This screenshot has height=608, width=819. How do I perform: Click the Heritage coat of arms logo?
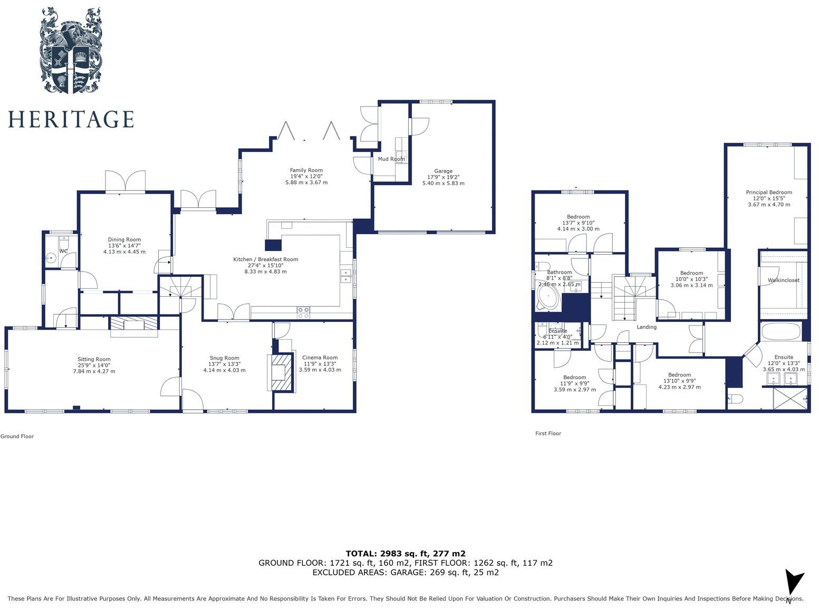71,51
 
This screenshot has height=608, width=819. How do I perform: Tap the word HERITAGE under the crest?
71,119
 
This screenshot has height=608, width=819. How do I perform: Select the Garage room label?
443,171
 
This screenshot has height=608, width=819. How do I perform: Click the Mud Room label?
391,159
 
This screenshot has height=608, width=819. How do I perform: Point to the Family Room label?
306,170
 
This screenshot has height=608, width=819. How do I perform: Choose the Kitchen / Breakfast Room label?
265,259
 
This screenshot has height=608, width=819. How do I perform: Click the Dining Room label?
124,240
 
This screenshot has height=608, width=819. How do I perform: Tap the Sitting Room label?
94,360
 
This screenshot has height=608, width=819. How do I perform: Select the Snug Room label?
224,358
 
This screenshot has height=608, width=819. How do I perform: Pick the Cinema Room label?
320,358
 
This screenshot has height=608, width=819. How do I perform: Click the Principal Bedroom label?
768,192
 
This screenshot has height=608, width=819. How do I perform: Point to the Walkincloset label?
783,281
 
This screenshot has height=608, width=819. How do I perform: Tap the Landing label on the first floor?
646,327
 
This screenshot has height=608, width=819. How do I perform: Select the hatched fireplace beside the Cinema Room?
281,372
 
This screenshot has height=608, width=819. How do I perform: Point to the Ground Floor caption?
17,436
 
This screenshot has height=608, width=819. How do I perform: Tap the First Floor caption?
548,433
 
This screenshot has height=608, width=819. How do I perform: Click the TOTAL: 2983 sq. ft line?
405,554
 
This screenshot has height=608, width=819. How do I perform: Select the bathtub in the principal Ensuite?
781,332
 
